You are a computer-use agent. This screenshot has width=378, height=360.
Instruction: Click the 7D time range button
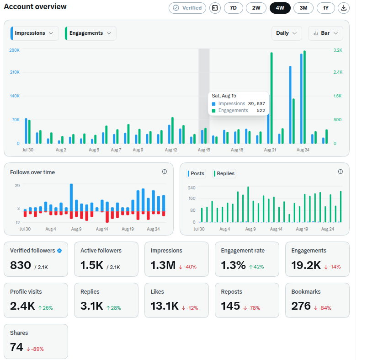(x=233, y=8)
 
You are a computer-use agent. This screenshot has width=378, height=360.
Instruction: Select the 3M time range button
(x=303, y=8)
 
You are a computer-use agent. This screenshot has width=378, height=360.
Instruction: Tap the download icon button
(x=344, y=8)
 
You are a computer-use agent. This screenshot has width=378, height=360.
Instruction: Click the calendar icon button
(x=215, y=8)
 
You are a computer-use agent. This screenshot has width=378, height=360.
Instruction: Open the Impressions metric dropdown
(x=34, y=33)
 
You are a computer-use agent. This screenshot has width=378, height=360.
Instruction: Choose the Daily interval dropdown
(x=287, y=33)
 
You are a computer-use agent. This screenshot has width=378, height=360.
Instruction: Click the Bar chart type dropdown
(x=325, y=33)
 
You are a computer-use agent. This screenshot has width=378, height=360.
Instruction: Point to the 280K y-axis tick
(x=15, y=50)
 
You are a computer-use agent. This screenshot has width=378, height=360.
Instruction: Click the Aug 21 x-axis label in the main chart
(x=270, y=150)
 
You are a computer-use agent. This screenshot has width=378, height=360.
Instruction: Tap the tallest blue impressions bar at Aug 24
(x=301, y=99)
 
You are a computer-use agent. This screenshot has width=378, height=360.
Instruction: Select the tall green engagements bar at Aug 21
(x=272, y=98)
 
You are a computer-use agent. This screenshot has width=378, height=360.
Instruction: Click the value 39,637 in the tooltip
(x=256, y=103)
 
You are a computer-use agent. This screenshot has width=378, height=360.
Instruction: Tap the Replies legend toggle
(x=224, y=173)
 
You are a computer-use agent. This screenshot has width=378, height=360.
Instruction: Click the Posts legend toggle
(x=196, y=173)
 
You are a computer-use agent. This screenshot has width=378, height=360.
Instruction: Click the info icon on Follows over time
(x=165, y=172)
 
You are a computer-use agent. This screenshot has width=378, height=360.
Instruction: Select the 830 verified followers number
(x=21, y=265)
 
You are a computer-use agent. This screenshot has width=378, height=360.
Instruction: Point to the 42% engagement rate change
(x=256, y=267)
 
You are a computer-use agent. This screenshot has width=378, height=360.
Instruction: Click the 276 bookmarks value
(x=301, y=306)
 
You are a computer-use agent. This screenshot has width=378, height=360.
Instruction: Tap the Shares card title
(x=19, y=333)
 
